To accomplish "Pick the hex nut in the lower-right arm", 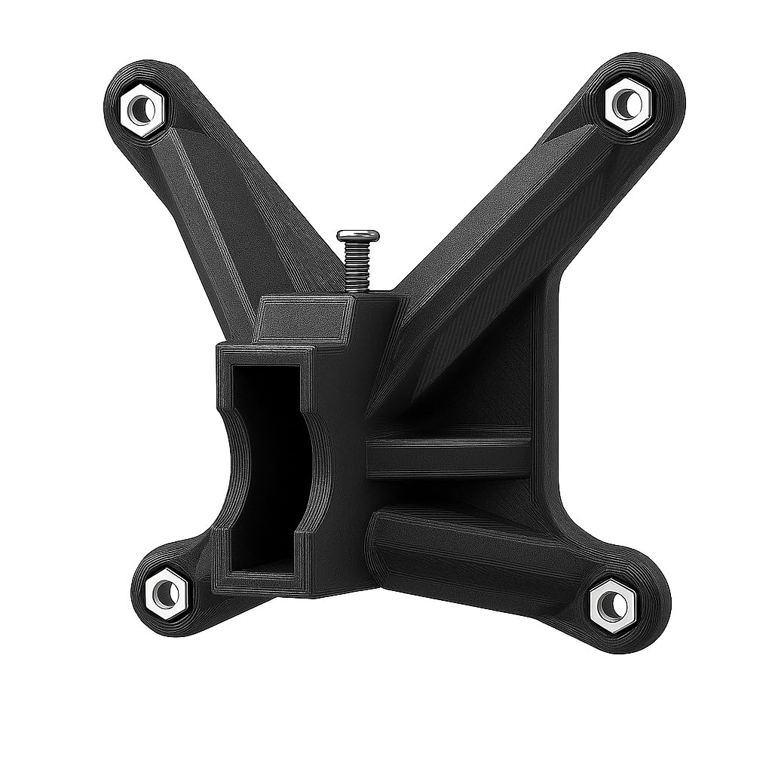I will pos(611,604).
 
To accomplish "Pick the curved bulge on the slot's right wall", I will pos(317,467).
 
